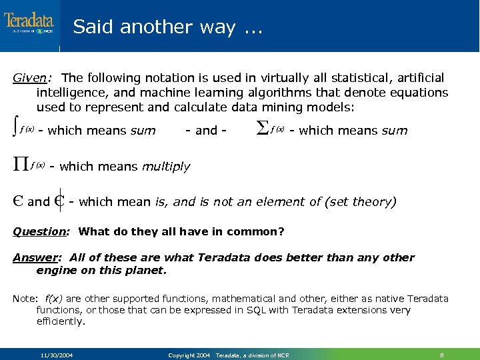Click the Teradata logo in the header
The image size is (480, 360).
[29, 23]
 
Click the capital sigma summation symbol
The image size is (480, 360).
[262, 129]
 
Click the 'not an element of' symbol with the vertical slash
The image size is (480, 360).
[59, 201]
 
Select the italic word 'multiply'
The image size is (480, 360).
[166, 167]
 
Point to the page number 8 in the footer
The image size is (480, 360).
[442, 355]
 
